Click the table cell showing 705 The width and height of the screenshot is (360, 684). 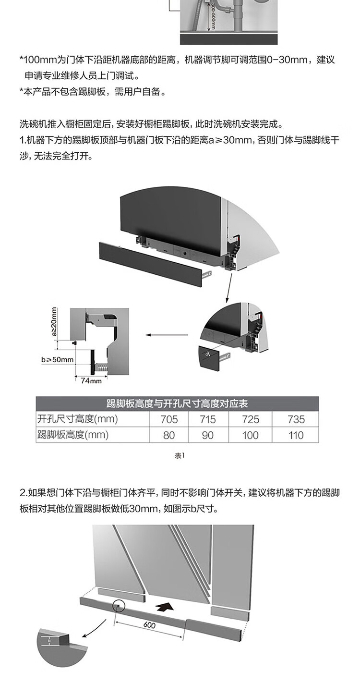pyautogui.click(x=169, y=419)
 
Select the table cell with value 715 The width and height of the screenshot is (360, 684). pyautogui.click(x=207, y=419)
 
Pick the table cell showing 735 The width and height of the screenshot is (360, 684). pyautogui.click(x=296, y=419)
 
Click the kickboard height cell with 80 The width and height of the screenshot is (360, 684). pyautogui.click(x=169, y=435)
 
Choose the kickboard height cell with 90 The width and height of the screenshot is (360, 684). pyautogui.click(x=207, y=435)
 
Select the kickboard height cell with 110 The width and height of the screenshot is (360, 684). pyautogui.click(x=296, y=435)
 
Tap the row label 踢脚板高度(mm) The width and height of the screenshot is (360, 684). pyautogui.click(x=73, y=435)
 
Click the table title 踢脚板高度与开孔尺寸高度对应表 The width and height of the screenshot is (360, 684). pyautogui.click(x=177, y=403)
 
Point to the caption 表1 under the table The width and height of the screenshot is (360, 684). pyautogui.click(x=179, y=455)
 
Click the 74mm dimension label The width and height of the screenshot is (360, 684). pyautogui.click(x=91, y=381)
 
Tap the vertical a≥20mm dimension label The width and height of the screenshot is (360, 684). pyautogui.click(x=54, y=322)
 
